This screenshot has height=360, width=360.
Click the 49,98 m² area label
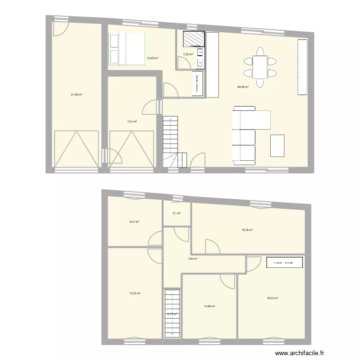[x=242, y=87]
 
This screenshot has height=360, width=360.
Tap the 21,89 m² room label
[x=77, y=95]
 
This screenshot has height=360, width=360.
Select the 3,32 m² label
[x=188, y=54]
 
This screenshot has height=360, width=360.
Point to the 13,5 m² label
[x=132, y=121]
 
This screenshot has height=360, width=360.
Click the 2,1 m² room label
[x=176, y=213]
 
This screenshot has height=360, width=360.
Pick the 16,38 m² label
[x=247, y=229]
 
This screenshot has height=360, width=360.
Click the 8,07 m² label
[x=134, y=222]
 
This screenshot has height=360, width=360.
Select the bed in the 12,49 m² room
[x=127, y=48]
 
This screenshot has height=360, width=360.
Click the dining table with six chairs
[x=260, y=67]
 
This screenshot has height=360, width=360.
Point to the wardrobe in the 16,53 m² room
[x=285, y=263]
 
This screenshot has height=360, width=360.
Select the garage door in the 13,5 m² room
[x=132, y=149]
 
